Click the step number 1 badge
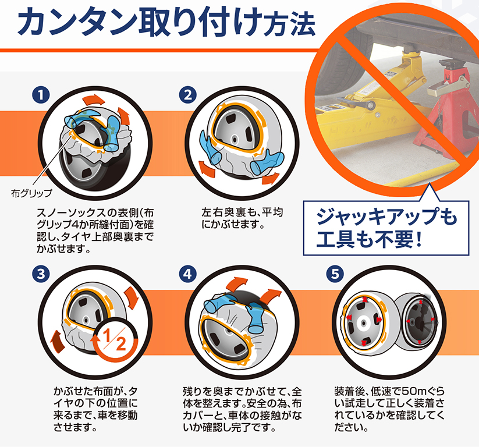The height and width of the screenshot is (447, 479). pos(41,95)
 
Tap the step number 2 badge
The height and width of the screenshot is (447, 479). pos(188,95)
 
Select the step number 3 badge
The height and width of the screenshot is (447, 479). pos(41,274)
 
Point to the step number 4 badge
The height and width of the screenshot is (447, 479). pos(188,274)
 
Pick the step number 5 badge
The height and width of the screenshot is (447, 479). pos(335,274)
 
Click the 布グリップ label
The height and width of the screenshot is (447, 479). pos(31,193)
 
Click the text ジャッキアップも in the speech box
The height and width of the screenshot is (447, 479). pos(386,217)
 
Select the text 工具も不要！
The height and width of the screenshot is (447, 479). pos(369,239)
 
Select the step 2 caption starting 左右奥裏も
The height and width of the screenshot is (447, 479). pos(242,218)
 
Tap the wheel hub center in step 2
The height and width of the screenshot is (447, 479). pos(235,139)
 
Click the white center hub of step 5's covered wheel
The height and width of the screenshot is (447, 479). pos(363,323)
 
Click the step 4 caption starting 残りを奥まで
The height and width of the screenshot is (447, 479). pos(242,410)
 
